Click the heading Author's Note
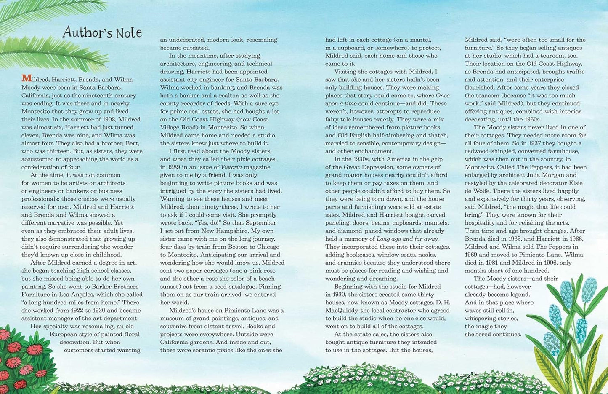pyautogui.click(x=102, y=32)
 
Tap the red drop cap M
pyautogui.click(x=26, y=79)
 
